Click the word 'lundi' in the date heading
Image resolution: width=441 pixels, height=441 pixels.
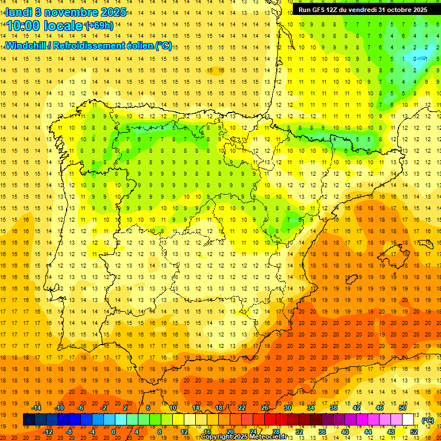[x=18, y=11]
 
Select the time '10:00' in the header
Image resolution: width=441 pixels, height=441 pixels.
[x=23, y=26]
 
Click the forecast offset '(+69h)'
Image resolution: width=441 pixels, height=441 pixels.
[x=99, y=26]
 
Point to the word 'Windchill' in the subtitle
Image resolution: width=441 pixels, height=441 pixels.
[x=26, y=45]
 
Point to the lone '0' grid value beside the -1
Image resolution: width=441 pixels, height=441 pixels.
[x=416, y=59]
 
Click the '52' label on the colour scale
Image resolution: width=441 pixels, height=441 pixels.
[x=414, y=432]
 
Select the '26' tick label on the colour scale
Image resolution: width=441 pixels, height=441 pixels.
[x=265, y=408]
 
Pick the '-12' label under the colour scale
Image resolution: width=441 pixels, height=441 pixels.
[x=48, y=432]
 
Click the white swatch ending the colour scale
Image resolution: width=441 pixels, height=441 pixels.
[x=408, y=420]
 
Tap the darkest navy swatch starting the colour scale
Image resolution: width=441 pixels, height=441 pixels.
[x=29, y=420]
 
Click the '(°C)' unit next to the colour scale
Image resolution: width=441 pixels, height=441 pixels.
[x=427, y=420]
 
